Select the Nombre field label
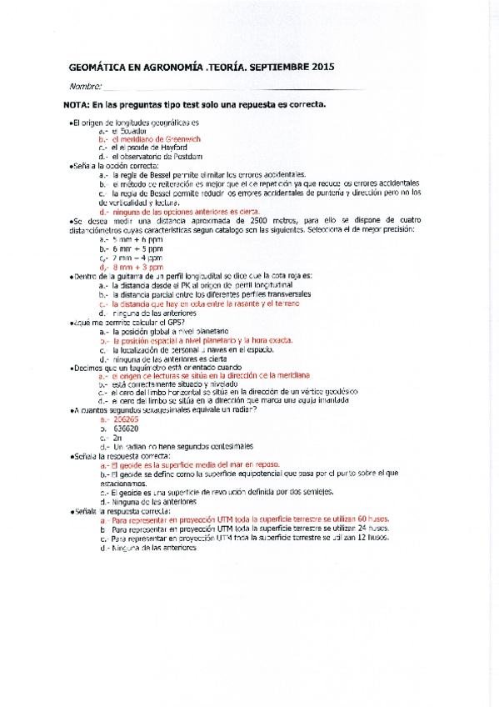pos(85,86)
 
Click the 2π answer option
pos(118,437)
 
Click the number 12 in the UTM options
pos(362,538)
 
